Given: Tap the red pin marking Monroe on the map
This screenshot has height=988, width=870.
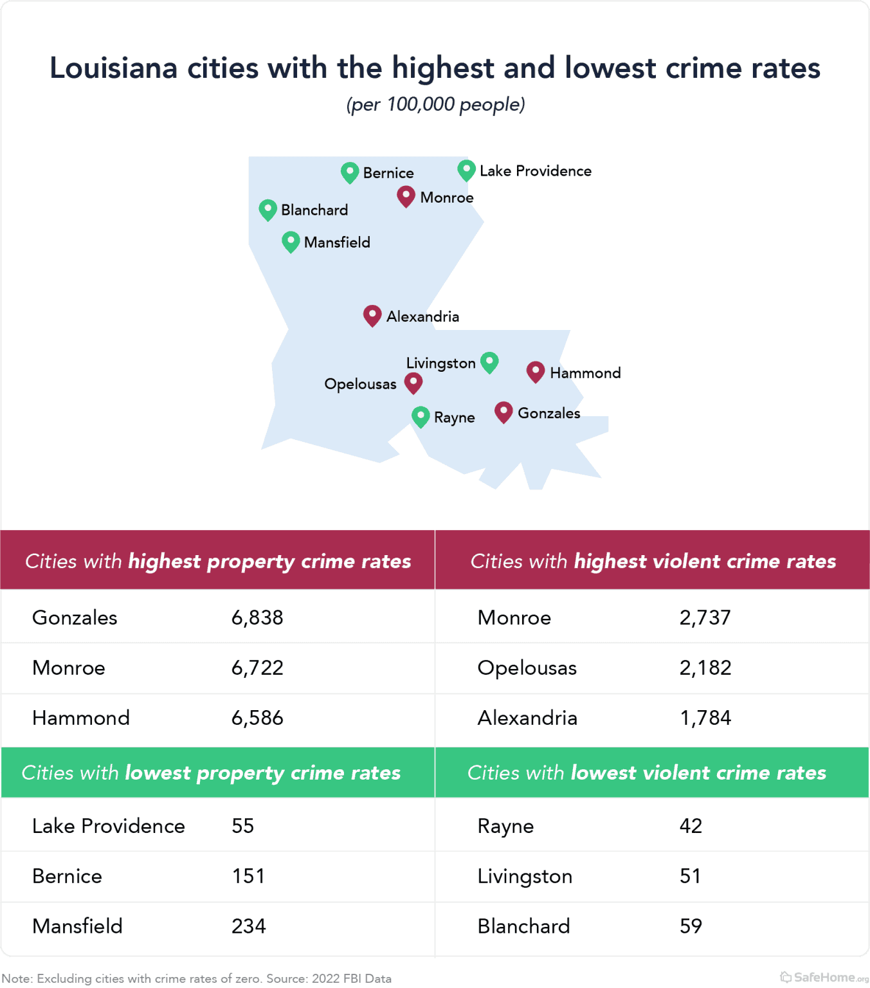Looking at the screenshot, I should (406, 196).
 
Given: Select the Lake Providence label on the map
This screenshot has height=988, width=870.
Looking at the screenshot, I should (535, 171).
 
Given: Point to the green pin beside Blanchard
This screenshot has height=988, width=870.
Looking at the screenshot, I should (267, 210).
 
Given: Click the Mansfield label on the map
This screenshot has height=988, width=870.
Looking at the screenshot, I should (337, 242).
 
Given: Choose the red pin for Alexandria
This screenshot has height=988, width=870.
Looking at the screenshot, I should (372, 315).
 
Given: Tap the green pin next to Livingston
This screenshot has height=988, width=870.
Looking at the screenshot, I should (489, 362).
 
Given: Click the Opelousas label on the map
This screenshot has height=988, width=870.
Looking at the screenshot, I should (360, 384).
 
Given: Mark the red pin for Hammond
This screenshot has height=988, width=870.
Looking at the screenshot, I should (536, 372).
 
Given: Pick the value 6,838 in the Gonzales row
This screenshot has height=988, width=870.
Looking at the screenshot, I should (257, 617).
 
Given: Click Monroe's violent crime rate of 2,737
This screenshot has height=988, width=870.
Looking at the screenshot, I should (705, 617).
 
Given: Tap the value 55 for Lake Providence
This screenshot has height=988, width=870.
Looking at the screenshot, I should (243, 826).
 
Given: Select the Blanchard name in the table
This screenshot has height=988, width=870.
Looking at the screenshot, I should (523, 926).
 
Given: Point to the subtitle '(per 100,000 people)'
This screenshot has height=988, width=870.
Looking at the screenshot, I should (435, 104).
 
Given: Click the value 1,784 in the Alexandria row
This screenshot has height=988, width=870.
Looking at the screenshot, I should (705, 718).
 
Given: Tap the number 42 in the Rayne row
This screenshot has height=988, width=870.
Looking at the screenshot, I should (691, 826).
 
